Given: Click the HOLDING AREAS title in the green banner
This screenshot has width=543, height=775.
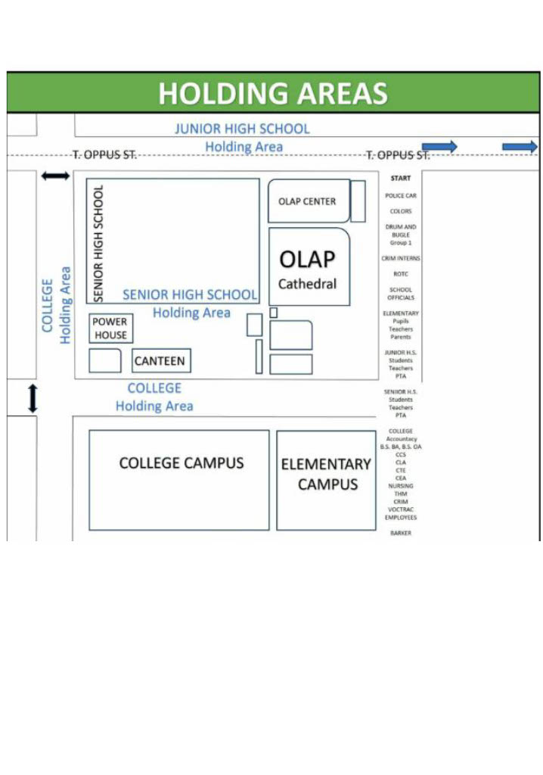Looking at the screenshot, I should (272, 94).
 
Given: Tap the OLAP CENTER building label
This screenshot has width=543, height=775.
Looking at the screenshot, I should (307, 201).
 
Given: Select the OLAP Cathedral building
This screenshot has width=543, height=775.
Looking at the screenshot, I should (308, 268).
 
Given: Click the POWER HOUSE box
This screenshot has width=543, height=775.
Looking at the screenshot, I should (110, 328).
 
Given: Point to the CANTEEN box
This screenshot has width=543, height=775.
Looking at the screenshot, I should (160, 361).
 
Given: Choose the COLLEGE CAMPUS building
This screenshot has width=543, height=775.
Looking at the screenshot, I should (181, 463).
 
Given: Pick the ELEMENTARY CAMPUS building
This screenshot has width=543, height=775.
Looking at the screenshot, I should (326, 474).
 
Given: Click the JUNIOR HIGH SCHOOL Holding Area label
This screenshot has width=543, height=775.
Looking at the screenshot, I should (243, 137).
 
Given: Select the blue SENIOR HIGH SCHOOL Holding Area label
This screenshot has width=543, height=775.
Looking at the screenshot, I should (190, 303).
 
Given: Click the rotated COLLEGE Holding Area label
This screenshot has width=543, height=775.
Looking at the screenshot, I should (57, 305).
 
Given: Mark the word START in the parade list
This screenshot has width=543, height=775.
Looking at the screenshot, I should (401, 179).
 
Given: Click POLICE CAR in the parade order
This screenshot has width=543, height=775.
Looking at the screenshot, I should (401, 195).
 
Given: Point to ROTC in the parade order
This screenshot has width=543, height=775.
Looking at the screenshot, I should (401, 274).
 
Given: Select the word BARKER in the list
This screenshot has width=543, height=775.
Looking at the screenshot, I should (401, 534).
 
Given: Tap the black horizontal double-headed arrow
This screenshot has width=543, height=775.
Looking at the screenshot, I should (55, 176).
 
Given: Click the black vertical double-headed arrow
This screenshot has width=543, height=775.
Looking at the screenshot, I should (32, 398).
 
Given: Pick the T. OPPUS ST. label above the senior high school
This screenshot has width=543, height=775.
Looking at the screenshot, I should (104, 155).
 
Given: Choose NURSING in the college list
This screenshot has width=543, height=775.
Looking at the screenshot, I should (401, 486).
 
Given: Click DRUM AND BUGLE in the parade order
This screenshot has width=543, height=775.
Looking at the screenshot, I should (401, 231).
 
